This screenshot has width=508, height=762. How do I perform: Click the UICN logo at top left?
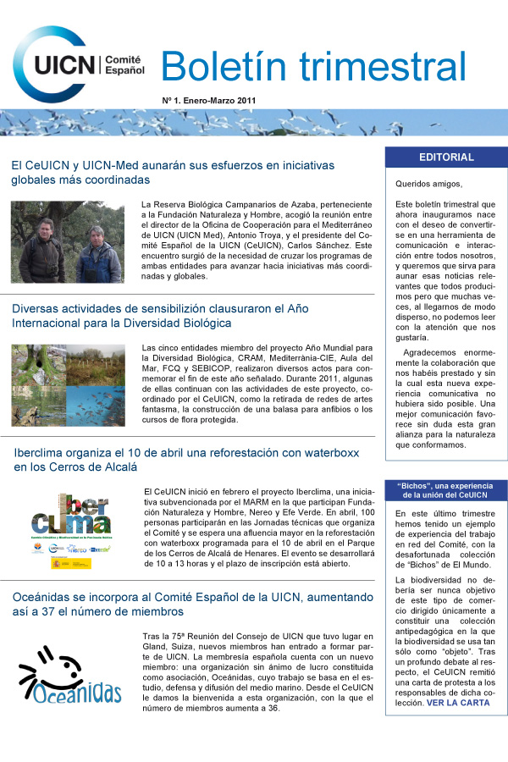(59, 64)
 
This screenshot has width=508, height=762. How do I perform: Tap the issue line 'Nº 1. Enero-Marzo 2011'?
(208, 100)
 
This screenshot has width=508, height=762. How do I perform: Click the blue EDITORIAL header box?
(446, 157)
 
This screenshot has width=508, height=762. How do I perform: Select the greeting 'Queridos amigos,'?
(429, 184)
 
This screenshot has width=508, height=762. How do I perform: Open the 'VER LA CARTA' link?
(458, 703)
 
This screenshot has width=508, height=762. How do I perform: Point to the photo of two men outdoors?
(68, 242)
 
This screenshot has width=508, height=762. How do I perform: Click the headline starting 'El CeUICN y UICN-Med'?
(173, 172)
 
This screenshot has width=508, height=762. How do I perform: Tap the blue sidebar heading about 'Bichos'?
(446, 490)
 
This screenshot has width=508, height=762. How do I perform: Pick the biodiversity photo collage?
(68, 385)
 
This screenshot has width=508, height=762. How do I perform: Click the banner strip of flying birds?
(254, 123)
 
